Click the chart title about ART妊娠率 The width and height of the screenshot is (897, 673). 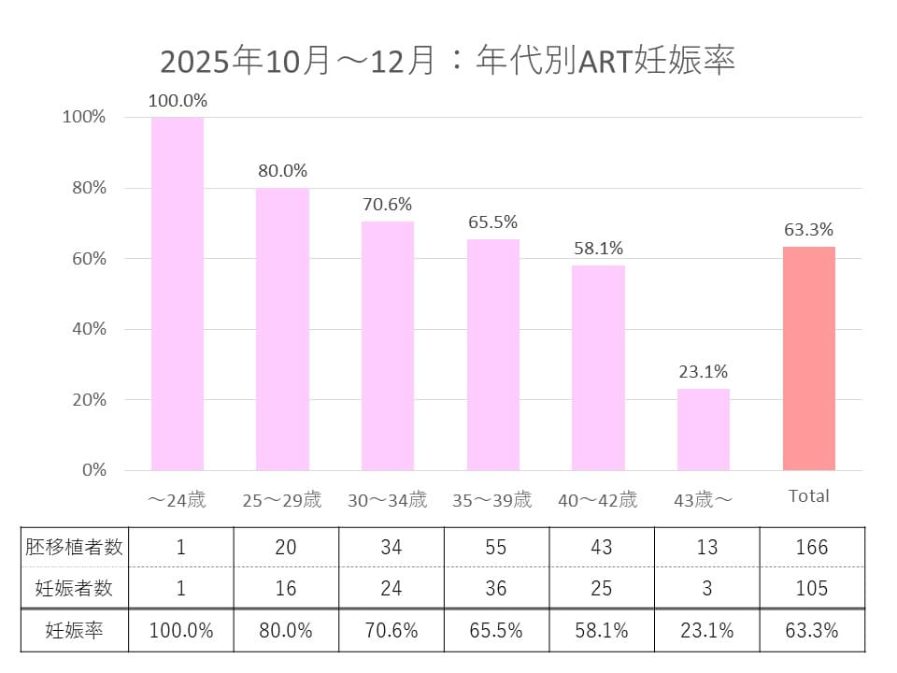coord(448,61)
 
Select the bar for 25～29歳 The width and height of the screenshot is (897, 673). coord(283,329)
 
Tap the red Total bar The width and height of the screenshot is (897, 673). coord(808,358)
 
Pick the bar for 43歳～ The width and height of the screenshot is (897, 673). coord(704,429)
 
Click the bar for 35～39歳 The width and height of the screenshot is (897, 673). coord(493,354)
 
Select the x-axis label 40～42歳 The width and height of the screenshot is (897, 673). coord(598,500)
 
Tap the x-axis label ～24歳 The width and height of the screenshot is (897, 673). coord(178,500)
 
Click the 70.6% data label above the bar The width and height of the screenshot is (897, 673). coord(388,205)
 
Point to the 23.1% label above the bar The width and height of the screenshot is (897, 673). coord(704,371)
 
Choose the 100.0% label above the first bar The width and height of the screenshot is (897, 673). coord(178,100)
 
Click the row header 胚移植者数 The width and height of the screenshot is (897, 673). coord(75,548)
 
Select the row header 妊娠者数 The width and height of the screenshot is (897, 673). coord(75,588)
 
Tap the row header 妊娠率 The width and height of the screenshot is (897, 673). coord(75,631)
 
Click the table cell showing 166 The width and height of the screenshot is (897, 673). coord(811,548)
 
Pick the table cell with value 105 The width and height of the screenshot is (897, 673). coord(811,588)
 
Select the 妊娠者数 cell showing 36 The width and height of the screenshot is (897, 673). coord(495,588)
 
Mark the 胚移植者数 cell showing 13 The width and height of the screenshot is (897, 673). coord(706,548)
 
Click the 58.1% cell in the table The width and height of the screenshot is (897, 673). coord(602,631)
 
